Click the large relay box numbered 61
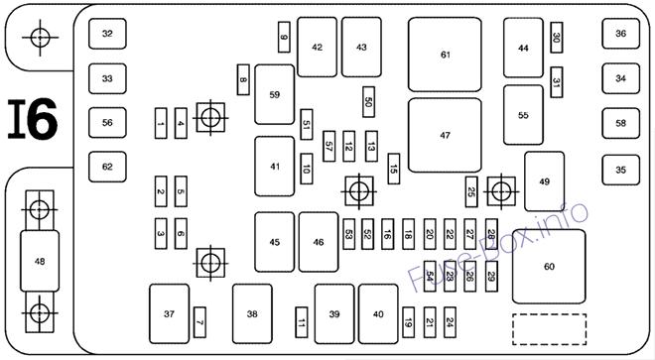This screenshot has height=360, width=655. pyautogui.click(x=445, y=55)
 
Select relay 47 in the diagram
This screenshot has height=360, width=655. pyautogui.click(x=445, y=135)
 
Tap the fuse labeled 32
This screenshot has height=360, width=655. pyautogui.click(x=107, y=34)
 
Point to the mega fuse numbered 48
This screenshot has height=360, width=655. pyautogui.click(x=40, y=261)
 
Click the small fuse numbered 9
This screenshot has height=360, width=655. pyautogui.click(x=284, y=37)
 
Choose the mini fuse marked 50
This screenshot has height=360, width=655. pyautogui.click(x=368, y=102)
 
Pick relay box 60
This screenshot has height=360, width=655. pyautogui.click(x=549, y=267)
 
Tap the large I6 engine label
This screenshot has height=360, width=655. pyautogui.click(x=33, y=119)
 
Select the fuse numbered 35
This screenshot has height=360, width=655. pyautogui.click(x=620, y=170)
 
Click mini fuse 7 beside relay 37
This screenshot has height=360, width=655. pyautogui.click(x=199, y=322)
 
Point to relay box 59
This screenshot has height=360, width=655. pyautogui.click(x=275, y=94)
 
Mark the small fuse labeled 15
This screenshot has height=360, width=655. pyautogui.click(x=394, y=169)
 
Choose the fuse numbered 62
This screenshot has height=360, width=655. pyautogui.click(x=107, y=167)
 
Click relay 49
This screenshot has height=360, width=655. pyautogui.click(x=544, y=181)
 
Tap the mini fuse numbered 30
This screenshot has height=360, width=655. pyautogui.click(x=557, y=37)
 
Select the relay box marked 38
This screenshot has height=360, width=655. pyautogui.click(x=252, y=314)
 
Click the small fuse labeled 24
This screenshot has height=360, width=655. pyautogui.click(x=450, y=322)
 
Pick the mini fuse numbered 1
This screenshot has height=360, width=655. pyautogui.click(x=161, y=123)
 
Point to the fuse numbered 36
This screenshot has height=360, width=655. pyautogui.click(x=620, y=34)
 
